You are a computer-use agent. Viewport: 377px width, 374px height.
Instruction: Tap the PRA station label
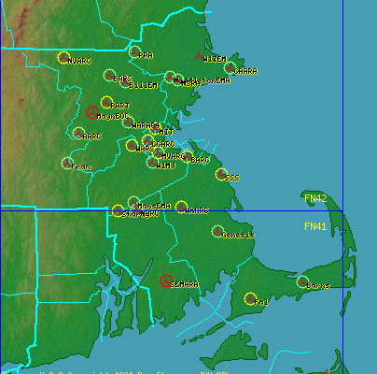point(146,55)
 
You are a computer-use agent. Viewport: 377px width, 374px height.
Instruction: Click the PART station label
point(120,106)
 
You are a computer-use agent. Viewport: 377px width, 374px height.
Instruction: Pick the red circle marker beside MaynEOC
point(91,112)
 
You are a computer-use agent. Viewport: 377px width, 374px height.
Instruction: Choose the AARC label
point(91,137)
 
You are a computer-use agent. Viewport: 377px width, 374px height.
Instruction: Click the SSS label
point(232,177)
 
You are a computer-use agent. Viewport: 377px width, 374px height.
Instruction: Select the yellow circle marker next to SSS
point(220,174)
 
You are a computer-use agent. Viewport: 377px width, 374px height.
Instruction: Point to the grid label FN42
point(315,198)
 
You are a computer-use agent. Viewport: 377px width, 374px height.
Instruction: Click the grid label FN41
point(315,226)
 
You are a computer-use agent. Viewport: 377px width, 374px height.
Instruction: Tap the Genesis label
point(238,235)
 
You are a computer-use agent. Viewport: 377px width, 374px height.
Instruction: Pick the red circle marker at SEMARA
point(165,280)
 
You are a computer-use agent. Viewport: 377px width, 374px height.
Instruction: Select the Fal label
point(261,303)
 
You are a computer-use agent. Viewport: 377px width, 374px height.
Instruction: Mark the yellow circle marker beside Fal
point(250,298)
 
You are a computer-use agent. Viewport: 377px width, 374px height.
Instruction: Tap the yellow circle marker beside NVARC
point(63,57)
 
